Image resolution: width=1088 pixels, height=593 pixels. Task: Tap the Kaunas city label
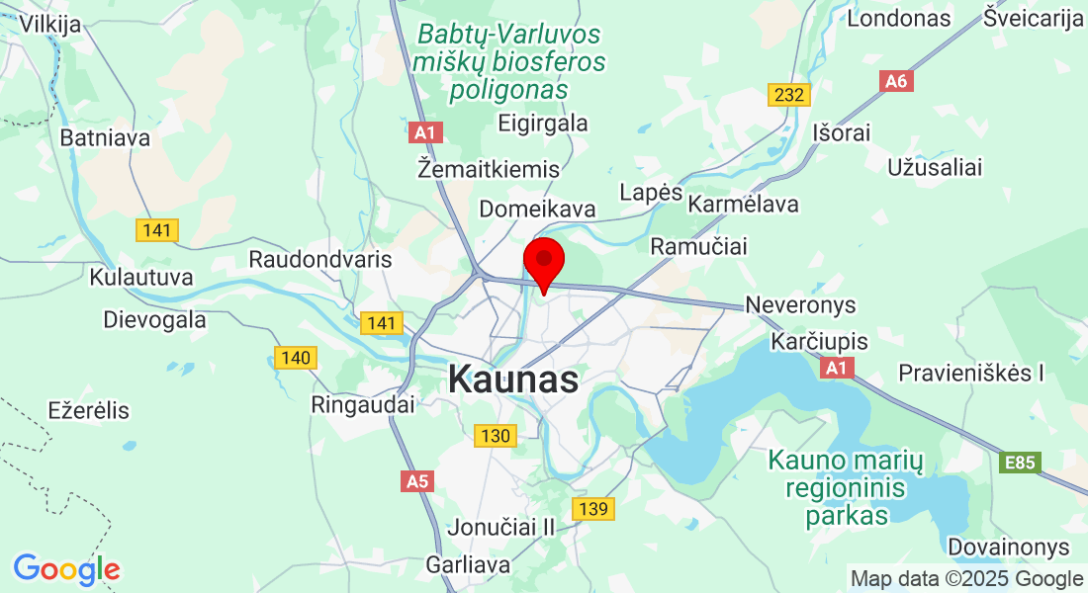[x=513, y=380]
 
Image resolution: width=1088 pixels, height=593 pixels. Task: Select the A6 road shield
[x=896, y=81]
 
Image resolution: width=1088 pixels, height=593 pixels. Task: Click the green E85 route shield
[x=1021, y=463]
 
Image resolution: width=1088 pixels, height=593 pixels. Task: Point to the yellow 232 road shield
[x=788, y=95]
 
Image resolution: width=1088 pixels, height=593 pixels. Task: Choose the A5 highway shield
[x=417, y=481]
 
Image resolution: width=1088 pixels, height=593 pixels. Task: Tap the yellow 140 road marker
[x=296, y=358]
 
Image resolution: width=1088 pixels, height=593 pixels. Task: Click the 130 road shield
[x=496, y=436]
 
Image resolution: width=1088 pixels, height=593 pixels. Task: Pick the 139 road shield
[x=593, y=509]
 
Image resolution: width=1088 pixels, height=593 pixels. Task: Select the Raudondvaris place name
[x=320, y=260]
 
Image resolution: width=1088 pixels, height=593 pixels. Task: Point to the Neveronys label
[x=801, y=304]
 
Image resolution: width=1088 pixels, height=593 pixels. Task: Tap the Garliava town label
[x=468, y=565]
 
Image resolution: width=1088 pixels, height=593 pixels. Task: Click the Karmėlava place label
[x=743, y=205]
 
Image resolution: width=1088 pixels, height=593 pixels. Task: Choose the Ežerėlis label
[x=88, y=410]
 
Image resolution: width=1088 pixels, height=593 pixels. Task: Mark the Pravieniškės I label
[x=971, y=373]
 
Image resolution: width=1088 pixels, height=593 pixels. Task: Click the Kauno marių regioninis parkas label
[x=846, y=487]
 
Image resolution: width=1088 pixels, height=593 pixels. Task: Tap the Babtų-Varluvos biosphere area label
[x=508, y=61]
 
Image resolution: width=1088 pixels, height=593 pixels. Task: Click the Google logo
[x=66, y=569]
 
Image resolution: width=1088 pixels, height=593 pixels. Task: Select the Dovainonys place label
[x=1009, y=547]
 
